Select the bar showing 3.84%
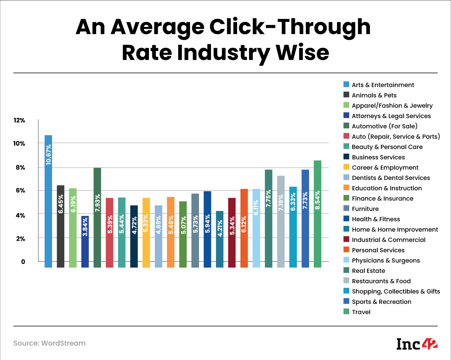click(85, 242)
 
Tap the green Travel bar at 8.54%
click(317, 214)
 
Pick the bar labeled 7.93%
click(97, 217)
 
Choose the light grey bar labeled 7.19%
click(281, 221)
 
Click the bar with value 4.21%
click(220, 239)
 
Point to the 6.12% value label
click(244, 224)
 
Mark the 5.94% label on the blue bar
click(207, 224)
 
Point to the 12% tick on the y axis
click(19, 120)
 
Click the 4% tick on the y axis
click(20, 215)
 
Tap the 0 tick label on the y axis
click(23, 261)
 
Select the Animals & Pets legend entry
click(374, 95)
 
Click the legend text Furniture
click(365, 209)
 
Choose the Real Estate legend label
click(368, 271)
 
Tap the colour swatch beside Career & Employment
click(346, 167)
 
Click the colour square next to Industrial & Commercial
click(346, 240)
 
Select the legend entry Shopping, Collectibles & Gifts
click(396, 291)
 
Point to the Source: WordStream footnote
click(49, 343)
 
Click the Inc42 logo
click(417, 344)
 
